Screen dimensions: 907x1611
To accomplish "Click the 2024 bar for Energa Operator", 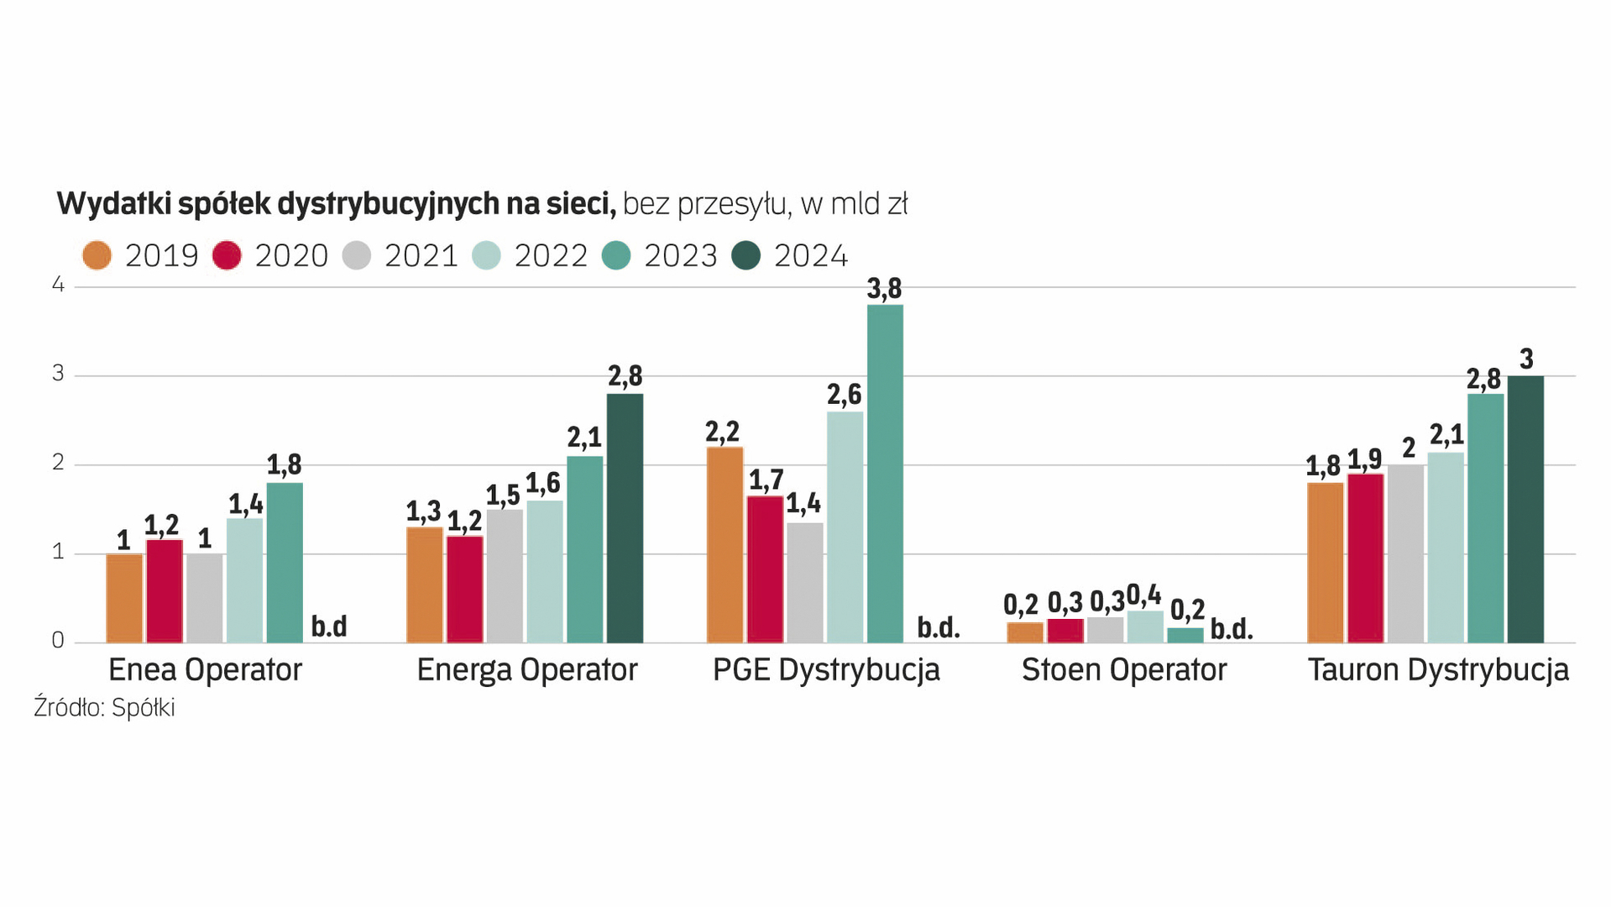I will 625,518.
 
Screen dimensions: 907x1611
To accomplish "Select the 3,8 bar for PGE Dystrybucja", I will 885,474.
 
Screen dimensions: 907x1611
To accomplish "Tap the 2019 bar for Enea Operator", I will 124,598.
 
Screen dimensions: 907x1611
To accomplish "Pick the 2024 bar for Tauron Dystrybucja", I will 1525,509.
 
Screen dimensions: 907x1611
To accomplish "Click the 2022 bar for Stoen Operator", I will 1145,627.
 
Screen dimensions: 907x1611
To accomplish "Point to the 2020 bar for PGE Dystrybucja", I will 765,569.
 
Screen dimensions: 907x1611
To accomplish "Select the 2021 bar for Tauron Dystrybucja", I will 1405,553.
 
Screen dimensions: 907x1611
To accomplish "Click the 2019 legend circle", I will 97,255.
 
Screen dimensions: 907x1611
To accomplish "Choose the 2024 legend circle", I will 746,255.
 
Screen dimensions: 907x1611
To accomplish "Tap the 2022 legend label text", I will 551,255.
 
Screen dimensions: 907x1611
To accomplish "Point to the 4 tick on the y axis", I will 58,285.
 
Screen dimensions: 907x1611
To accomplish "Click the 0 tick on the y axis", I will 58,641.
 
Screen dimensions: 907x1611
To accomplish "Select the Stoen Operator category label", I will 1124,670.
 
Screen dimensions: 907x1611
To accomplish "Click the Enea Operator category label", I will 205,670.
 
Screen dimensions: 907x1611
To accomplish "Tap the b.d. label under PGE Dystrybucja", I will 938,627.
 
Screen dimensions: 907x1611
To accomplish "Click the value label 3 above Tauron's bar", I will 1526,359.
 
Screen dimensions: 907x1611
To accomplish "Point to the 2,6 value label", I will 844,394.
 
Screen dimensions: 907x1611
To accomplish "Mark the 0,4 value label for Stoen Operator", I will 1143,595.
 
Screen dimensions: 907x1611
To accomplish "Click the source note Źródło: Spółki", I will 104,708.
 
